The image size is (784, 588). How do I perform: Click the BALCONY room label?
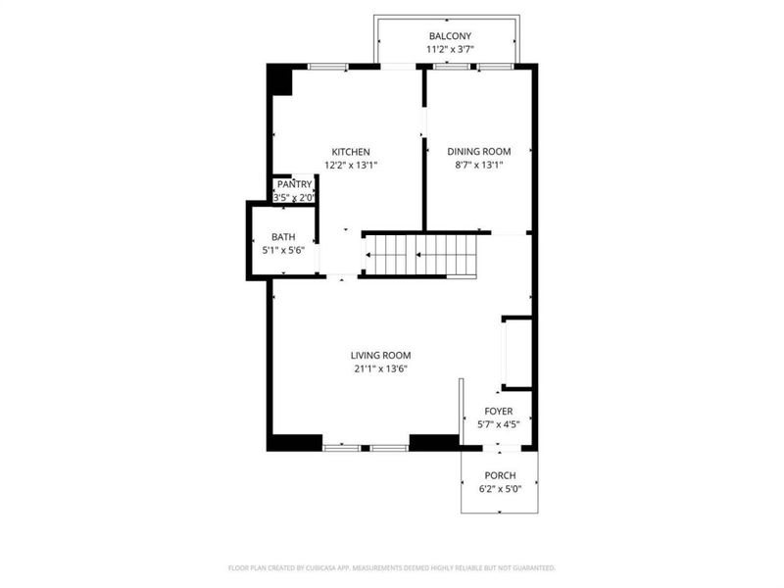pos(450,36)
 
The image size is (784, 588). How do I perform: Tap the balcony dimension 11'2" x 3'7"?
pos(450,49)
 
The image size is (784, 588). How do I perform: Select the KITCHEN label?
pos(351,152)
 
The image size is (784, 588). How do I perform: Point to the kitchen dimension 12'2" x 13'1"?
pos(351,165)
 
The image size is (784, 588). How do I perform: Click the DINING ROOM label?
pos(479,152)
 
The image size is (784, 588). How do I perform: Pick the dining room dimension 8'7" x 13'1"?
pos(479,165)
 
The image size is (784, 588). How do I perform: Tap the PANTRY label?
pos(295,184)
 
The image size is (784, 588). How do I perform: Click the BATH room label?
pos(283,237)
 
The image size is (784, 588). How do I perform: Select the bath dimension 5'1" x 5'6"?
pos(283,250)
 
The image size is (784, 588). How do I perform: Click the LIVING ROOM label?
pos(381,356)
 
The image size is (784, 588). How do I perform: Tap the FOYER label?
pos(499,411)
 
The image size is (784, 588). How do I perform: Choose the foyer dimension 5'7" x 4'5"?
pos(499,424)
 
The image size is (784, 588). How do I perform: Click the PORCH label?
pos(500,475)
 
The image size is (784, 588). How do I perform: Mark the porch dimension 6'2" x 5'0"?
pos(500,489)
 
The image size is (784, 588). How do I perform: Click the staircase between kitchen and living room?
pos(421,255)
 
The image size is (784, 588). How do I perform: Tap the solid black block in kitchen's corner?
pos(281,82)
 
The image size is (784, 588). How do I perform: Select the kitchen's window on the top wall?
pos(327,66)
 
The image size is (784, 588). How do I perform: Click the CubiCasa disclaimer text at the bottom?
pos(392,568)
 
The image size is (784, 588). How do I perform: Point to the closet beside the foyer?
pos(517,353)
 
